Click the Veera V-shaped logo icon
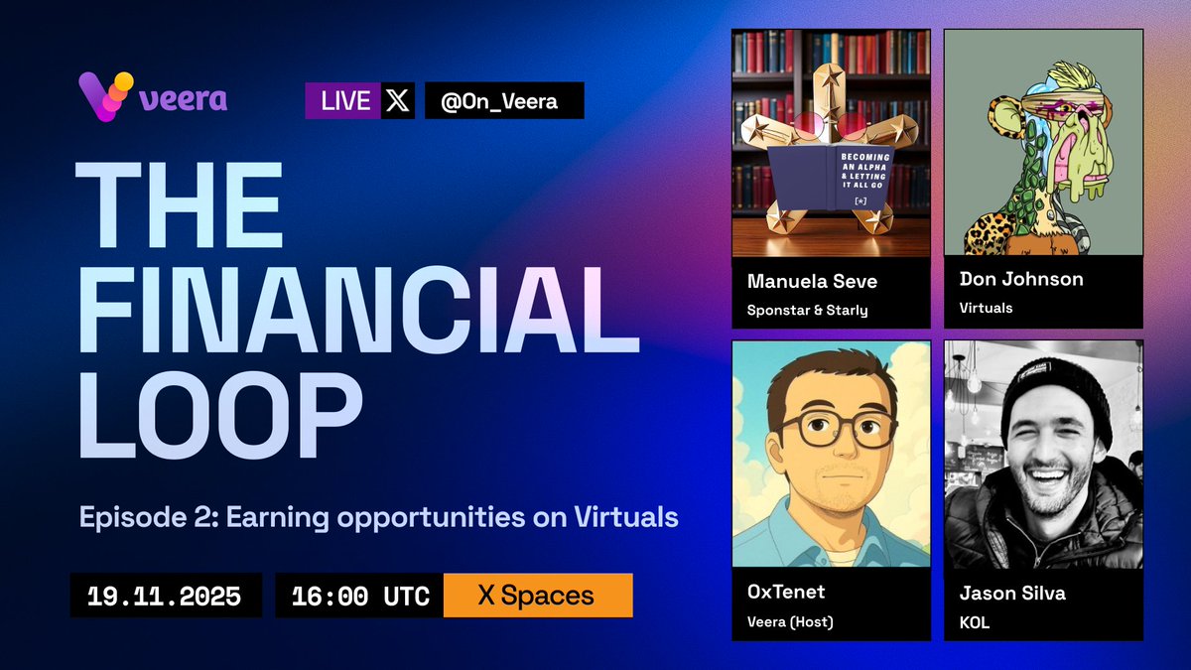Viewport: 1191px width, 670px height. click(x=104, y=97)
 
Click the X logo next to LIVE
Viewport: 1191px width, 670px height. click(x=397, y=100)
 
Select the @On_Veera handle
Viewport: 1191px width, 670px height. click(x=503, y=100)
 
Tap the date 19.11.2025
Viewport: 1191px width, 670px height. click(x=165, y=597)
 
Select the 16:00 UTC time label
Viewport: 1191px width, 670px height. click(x=360, y=597)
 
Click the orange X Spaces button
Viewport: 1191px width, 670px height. click(x=536, y=596)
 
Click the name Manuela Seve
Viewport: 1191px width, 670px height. click(x=812, y=282)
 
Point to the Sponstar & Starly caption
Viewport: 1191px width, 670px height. click(x=807, y=310)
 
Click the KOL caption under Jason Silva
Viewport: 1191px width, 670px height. click(x=975, y=622)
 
